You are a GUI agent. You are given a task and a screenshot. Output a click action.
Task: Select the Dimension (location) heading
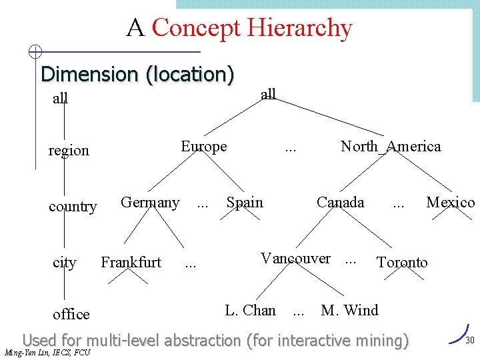137,74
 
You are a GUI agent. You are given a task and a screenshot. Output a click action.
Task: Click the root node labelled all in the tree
268,94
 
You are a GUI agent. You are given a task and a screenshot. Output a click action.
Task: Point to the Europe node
204,147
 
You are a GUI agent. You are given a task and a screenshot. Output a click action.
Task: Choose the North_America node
391,147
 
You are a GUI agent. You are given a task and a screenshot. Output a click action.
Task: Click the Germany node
150,203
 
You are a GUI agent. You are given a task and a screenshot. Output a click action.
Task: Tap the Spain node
245,203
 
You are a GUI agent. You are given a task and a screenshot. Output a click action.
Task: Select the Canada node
340,203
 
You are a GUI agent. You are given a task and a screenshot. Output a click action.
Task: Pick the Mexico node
451,203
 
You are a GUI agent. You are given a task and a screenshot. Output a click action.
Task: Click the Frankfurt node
131,263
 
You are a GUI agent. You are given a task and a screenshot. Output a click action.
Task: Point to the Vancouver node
295,259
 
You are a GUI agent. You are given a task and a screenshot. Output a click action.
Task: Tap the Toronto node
402,263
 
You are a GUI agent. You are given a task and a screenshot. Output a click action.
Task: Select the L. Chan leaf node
250,311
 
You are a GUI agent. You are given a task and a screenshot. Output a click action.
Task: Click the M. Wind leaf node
349,311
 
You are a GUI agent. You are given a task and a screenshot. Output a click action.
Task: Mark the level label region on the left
69,151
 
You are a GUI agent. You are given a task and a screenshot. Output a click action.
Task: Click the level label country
73,207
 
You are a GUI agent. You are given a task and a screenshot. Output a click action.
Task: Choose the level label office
71,314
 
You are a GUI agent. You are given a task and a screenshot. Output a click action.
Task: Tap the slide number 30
469,341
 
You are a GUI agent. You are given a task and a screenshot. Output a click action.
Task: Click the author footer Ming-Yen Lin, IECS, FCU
47,353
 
